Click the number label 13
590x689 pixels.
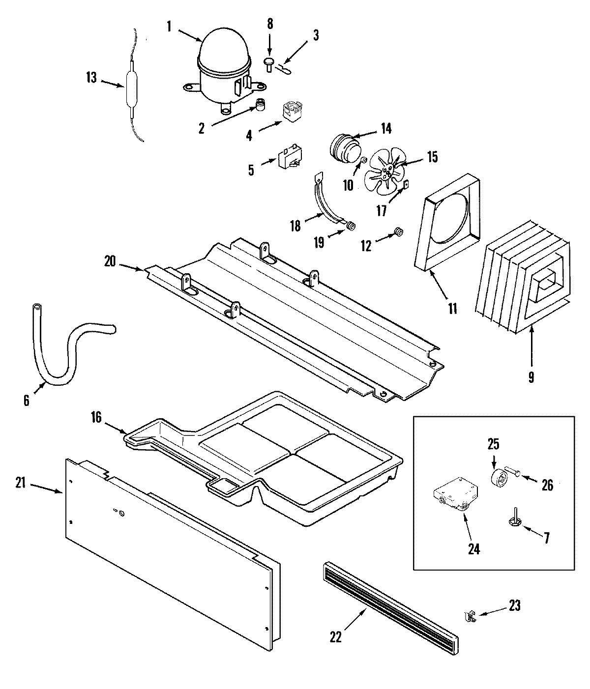pos(91,78)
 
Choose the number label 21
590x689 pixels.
pos(20,483)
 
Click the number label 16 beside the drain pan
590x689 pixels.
pos(96,418)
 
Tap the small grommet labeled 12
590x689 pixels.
pos(399,231)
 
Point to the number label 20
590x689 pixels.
pos(110,261)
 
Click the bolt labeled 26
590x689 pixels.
pos(517,472)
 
